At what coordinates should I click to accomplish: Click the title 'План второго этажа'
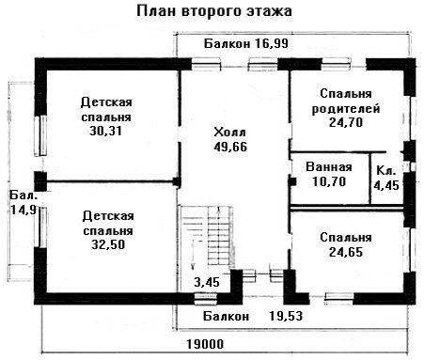coord(214,11)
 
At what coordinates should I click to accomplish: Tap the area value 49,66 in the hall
coord(230,147)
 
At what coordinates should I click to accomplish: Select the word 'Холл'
coord(229,133)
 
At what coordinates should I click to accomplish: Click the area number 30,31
coord(105,131)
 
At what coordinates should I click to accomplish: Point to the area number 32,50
coord(108,244)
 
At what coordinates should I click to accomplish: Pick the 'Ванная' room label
coord(329,166)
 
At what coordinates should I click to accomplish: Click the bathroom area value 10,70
coord(329,181)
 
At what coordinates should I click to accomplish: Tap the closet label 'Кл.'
coord(385,171)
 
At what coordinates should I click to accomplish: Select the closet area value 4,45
coord(386,185)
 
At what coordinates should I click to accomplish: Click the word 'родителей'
coord(346,109)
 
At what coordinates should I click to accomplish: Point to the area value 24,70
coord(346,122)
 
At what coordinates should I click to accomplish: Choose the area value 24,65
coord(346,252)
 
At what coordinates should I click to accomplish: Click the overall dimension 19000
coord(205,344)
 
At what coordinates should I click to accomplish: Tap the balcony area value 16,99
coord(272,43)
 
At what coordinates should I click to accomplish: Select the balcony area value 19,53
coord(286,316)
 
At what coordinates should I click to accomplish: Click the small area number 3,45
coord(207,282)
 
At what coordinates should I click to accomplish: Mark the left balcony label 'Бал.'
coord(24,196)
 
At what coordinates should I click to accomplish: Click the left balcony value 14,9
coord(24,210)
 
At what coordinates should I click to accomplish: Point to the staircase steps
coord(219,237)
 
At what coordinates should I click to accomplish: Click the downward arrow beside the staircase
coord(193,255)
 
